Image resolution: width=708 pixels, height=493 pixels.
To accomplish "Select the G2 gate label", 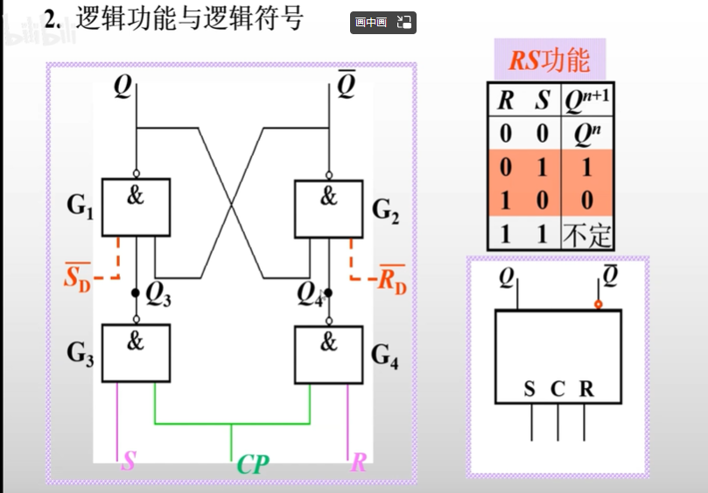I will (385, 210).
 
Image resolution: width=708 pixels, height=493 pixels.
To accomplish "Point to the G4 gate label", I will (385, 356).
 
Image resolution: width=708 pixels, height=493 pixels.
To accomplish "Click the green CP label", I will (252, 464).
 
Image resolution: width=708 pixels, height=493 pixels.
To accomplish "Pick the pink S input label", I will (129, 461).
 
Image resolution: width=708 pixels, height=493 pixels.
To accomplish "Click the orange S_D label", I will (78, 278).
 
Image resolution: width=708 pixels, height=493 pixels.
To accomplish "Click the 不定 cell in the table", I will (586, 235).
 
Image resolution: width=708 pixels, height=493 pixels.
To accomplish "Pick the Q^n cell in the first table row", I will (586, 134).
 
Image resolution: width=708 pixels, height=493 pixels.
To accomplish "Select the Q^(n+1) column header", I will (586, 101).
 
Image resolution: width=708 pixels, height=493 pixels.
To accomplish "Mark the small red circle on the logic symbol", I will (598, 305).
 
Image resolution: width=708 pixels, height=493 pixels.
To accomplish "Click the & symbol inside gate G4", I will (328, 342).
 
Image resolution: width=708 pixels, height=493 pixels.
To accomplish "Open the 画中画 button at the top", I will (372, 23).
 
